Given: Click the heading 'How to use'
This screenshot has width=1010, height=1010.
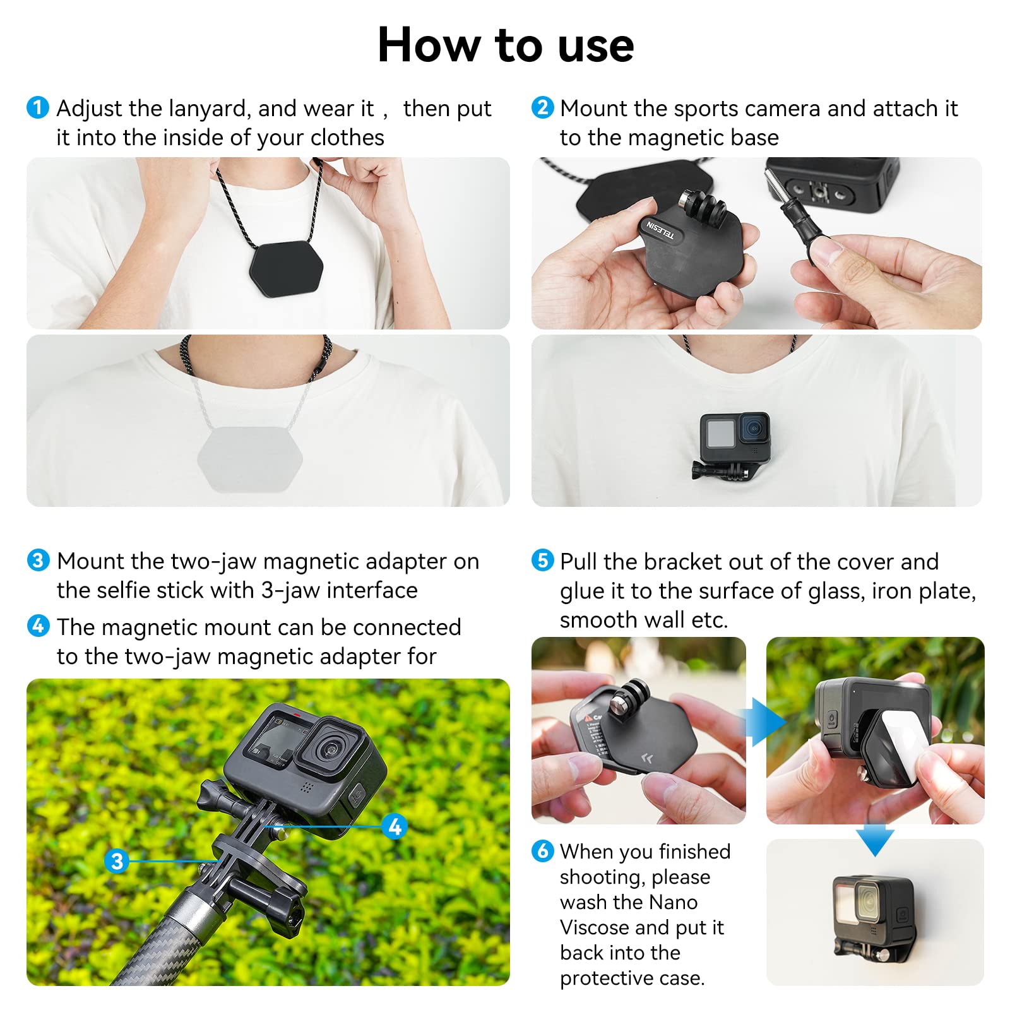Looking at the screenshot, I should [505, 45].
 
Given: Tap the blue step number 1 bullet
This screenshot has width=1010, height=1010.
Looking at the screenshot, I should [38, 107].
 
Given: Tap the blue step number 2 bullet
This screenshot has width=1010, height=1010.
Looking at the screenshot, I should [542, 107].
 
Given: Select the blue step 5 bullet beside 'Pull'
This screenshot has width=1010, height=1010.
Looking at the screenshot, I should [542, 560].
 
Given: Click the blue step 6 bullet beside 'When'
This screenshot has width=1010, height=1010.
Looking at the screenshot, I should [542, 850].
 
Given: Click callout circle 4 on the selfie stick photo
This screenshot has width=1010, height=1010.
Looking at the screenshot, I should [395, 826].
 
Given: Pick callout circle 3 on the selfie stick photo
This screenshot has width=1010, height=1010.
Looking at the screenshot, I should [117, 860].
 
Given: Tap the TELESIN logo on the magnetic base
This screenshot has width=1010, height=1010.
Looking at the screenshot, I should [660, 230].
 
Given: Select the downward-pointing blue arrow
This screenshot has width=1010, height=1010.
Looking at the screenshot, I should [875, 840].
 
